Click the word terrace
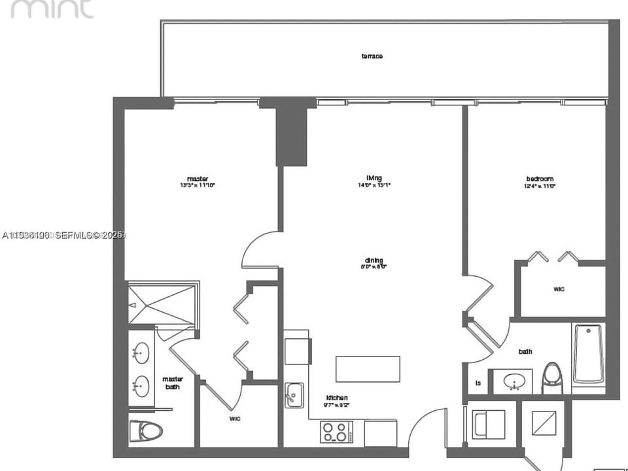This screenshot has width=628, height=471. [372, 56]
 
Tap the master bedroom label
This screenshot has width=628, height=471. [197, 179]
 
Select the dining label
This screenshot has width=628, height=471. [374, 260]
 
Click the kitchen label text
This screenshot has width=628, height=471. [337, 398]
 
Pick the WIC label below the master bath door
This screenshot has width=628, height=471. [234, 418]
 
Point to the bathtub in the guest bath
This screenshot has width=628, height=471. [588, 354]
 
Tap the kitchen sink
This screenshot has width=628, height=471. [294, 394]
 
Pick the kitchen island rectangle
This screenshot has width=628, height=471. [368, 369]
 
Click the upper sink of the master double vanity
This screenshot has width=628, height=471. [140, 354]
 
